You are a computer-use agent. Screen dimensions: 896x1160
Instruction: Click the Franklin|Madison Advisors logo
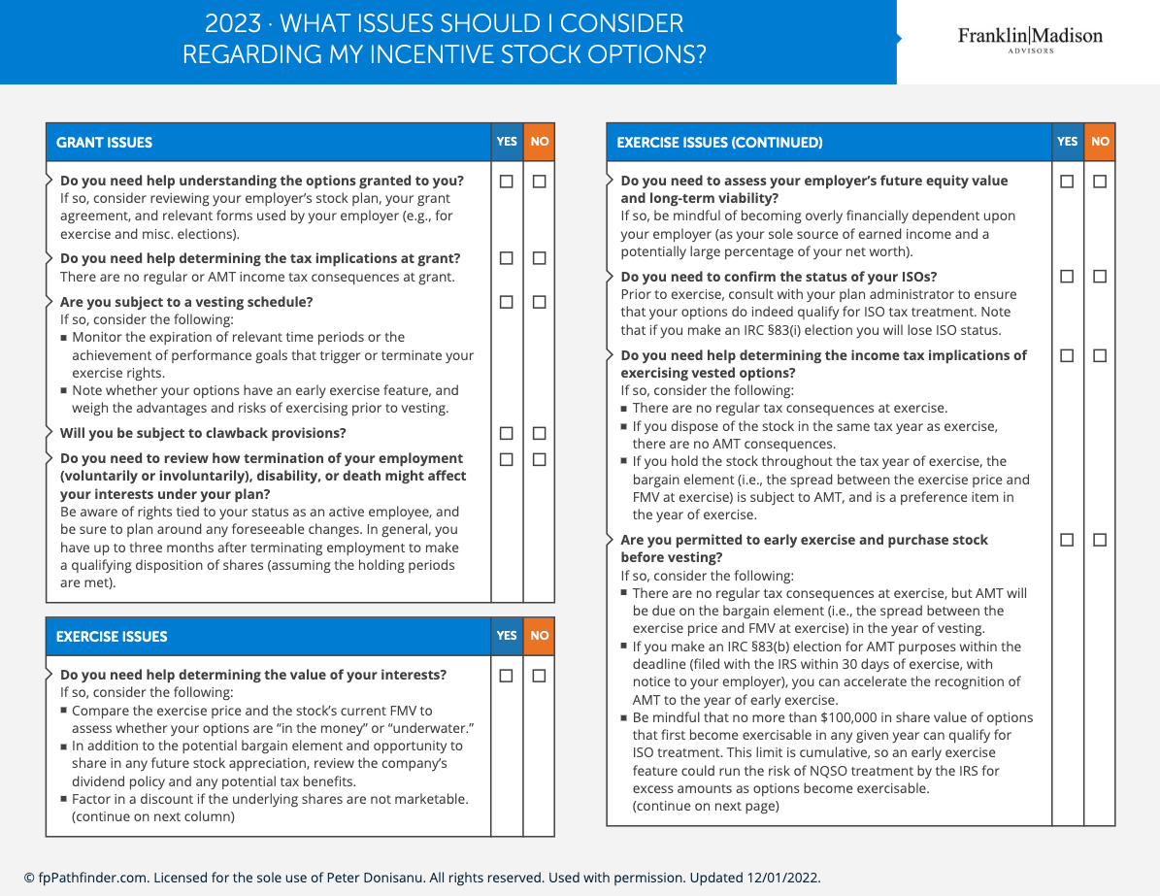pos(1030,40)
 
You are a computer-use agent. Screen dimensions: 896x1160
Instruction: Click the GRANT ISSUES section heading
pos(105,143)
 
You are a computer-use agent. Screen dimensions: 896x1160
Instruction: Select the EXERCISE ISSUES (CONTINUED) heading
pos(719,143)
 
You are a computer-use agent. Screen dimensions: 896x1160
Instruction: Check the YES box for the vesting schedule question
pos(507,302)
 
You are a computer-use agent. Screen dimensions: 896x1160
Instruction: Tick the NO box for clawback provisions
pos(540,433)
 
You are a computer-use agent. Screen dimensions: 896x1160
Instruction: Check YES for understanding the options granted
pos(507,181)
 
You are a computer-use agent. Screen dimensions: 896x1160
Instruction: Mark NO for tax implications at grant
pos(540,258)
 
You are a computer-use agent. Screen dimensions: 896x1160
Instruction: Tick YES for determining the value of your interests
pos(507,675)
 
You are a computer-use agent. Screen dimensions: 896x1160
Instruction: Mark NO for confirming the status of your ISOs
pos(1100,277)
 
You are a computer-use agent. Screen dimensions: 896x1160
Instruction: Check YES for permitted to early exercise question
pos(1067,540)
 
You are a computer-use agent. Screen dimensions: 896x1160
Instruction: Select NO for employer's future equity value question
pos(1100,181)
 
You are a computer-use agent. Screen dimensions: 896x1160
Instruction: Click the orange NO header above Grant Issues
pos(540,142)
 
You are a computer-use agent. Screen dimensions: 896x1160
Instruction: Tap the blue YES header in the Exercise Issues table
pos(507,636)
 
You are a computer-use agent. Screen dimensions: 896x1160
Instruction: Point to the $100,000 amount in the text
pos(848,718)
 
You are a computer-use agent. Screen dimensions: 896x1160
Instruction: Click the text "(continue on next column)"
pos(153,816)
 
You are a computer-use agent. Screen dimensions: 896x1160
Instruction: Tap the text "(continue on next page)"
pos(706,806)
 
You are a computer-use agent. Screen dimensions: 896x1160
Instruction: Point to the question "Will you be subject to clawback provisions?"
pos(203,433)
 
